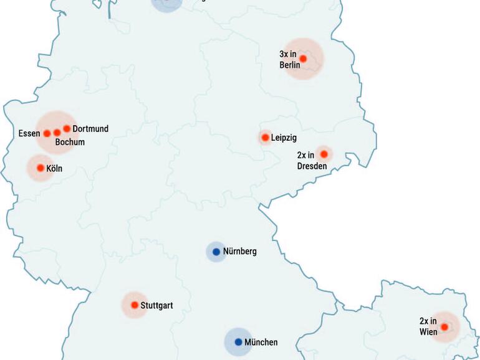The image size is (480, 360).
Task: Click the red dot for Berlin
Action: pyautogui.click(x=304, y=59)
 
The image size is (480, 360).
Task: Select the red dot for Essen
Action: pyautogui.click(x=47, y=133)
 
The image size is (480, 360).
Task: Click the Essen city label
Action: pyautogui.click(x=29, y=133)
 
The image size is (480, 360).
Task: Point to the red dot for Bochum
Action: pyautogui.click(x=57, y=133)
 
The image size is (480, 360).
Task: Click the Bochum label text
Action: pyautogui.click(x=70, y=142)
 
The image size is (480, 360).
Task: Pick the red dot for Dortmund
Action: pyautogui.click(x=67, y=129)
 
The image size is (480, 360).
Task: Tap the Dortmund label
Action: pyautogui.click(x=90, y=129)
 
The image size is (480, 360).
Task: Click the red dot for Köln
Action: pyautogui.click(x=41, y=168)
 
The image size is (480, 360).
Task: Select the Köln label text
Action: pyautogui.click(x=54, y=168)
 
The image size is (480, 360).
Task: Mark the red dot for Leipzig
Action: pyautogui.click(x=265, y=137)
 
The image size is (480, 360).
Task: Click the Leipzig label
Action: pyautogui.click(x=284, y=138)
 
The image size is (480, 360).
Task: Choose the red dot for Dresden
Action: pyautogui.click(x=324, y=154)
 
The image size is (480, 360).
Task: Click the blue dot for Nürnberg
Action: pyautogui.click(x=216, y=252)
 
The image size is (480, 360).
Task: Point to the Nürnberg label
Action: pyautogui.click(x=240, y=252)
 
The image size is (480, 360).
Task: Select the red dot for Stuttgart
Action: pyautogui.click(x=135, y=305)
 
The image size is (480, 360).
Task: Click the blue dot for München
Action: pyautogui.click(x=238, y=342)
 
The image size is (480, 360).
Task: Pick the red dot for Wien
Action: pyautogui.click(x=444, y=327)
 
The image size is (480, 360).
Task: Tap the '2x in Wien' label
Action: pyautogui.click(x=428, y=326)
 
